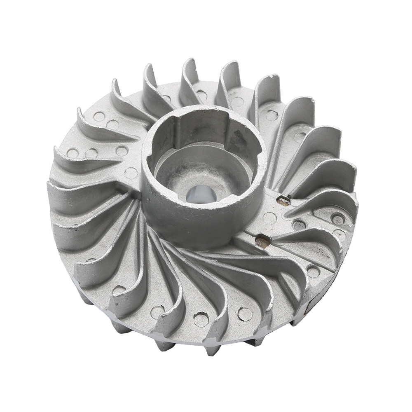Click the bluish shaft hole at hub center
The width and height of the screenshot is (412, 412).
coord(201,194)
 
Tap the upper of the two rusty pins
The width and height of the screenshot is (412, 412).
coord(283,201)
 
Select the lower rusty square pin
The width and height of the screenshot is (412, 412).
coord(262,240)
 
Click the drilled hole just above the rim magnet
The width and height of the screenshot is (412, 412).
coord(313,272)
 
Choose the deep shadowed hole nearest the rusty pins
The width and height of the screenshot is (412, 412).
coord(299,225)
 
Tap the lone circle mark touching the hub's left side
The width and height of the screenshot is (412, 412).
coord(131,173)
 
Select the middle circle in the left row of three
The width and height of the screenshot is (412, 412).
coord(91,153)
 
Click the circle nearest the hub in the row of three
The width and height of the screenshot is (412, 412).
coord(121,150)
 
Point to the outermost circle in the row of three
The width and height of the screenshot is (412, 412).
coord(73,153)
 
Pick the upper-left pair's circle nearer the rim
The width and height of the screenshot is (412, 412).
coord(99,116)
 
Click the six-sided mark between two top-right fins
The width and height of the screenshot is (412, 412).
coord(272,115)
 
